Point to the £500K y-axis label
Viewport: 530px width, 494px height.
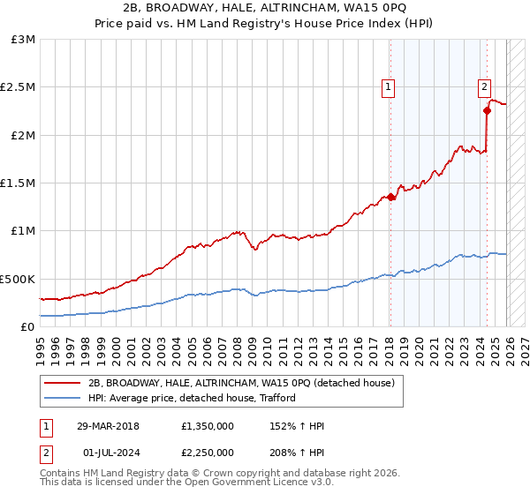tap(18, 279)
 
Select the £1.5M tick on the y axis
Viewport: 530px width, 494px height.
tap(18, 183)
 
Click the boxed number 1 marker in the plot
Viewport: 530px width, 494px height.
tap(389, 86)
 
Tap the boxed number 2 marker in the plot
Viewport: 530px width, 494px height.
tap(485, 86)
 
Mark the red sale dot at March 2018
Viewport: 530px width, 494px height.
tap(390, 198)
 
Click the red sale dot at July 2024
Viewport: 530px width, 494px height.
tap(486, 111)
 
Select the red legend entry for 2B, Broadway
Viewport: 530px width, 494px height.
tap(246, 383)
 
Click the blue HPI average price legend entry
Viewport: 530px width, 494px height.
tap(192, 398)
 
